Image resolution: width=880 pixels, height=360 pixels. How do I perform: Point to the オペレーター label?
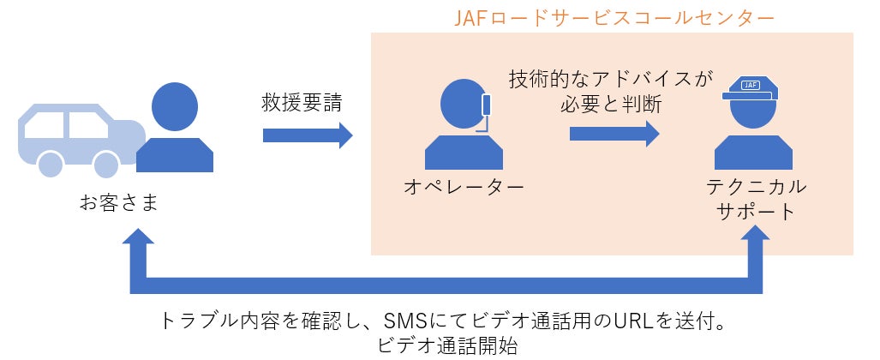coord(464,186)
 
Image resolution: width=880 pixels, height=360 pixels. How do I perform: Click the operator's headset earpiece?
coord(488,105)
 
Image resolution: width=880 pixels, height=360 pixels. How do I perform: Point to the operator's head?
coord(464,107)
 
